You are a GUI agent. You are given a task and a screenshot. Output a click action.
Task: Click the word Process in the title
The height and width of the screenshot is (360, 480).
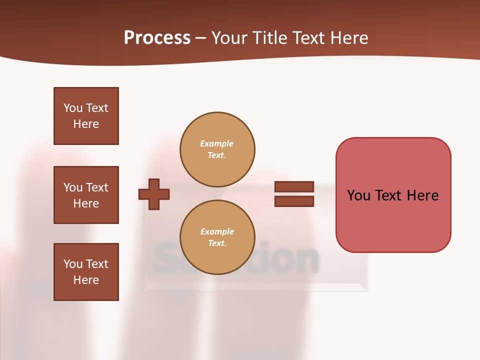coord(157,38)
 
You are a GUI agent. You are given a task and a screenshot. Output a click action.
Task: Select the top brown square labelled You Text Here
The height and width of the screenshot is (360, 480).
coord(86,116)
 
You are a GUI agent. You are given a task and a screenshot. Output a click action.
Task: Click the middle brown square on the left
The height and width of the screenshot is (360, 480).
coord(86,195)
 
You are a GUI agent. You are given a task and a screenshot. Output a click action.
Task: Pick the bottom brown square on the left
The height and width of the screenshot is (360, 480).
coord(86,272)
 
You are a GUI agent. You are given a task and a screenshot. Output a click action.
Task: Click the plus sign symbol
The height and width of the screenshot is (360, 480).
coord(154,194)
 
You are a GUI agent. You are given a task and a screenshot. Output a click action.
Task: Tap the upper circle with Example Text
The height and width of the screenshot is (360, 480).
coord(217,149)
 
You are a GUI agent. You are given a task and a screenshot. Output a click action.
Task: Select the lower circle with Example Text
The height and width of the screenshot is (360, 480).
coord(217,237)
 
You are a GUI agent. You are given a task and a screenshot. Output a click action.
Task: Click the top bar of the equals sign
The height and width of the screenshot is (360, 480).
coord(294,186)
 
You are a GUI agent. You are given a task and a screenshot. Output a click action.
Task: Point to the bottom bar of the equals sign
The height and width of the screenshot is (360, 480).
coord(294,201)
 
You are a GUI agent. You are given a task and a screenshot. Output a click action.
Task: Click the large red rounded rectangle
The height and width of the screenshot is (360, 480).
coord(393,220)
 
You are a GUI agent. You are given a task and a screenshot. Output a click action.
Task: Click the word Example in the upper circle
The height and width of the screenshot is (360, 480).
coord(217,143)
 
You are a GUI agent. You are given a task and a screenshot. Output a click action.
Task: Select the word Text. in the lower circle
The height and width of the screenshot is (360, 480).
coord(217,243)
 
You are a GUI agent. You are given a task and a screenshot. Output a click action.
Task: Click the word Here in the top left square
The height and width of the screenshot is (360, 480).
coord(86,124)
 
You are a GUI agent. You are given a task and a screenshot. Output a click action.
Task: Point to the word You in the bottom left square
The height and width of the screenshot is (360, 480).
coord(72,264)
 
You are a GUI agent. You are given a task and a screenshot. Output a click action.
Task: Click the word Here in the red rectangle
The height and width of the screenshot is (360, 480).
coord(422,195)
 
